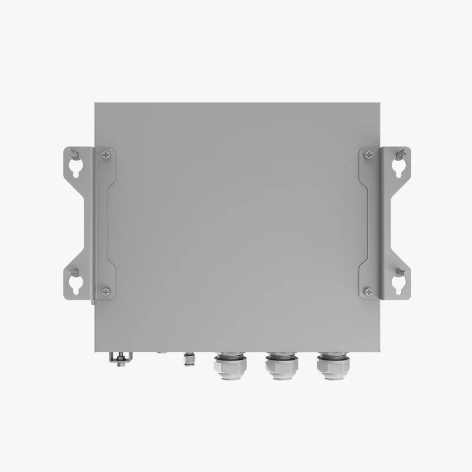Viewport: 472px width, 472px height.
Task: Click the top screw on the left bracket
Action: pyautogui.click(x=105, y=155)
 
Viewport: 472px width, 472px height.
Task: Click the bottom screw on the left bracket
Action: pyautogui.click(x=105, y=290)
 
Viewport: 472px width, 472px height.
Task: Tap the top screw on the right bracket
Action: pyautogui.click(x=369, y=155)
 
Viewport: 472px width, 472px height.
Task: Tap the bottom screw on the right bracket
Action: pyautogui.click(x=369, y=290)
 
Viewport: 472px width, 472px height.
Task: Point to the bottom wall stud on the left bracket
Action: pyautogui.click(x=73, y=272)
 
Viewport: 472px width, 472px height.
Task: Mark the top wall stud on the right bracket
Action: pyautogui.click(x=400, y=154)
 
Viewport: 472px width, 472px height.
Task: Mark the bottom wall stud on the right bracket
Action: pyautogui.click(x=399, y=272)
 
